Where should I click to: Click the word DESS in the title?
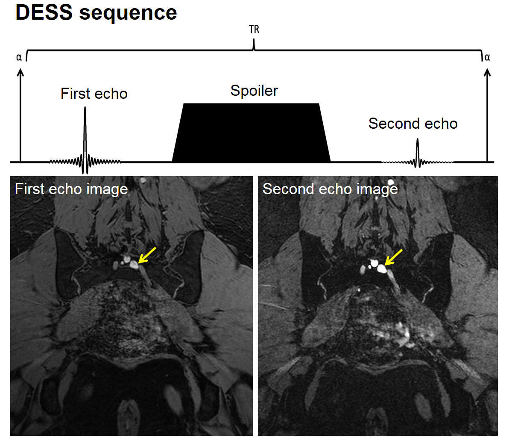pyautogui.click(x=44, y=12)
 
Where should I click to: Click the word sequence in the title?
pyautogui.click(x=128, y=13)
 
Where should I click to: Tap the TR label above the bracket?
pyautogui.click(x=254, y=30)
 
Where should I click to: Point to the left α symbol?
pyautogui.click(x=19, y=57)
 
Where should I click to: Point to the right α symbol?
pyautogui.click(x=487, y=57)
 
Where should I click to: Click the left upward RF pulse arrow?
pyautogui.click(x=20, y=115)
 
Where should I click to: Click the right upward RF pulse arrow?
pyautogui.click(x=487, y=115)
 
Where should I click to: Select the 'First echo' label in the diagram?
pyautogui.click(x=94, y=94)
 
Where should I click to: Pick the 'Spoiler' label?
pyautogui.click(x=254, y=91)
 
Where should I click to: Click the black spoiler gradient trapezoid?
pyautogui.click(x=251, y=133)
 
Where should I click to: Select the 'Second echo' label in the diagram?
pyautogui.click(x=413, y=124)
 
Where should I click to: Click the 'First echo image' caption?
pyautogui.click(x=71, y=189)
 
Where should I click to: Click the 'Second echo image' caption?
pyautogui.click(x=330, y=189)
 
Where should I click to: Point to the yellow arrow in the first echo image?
pyautogui.click(x=147, y=255)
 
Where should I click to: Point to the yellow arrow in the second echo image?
pyautogui.click(x=394, y=257)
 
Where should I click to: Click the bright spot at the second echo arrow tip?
pyautogui.click(x=381, y=269)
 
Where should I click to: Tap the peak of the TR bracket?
pyautogui.click(x=254, y=42)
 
